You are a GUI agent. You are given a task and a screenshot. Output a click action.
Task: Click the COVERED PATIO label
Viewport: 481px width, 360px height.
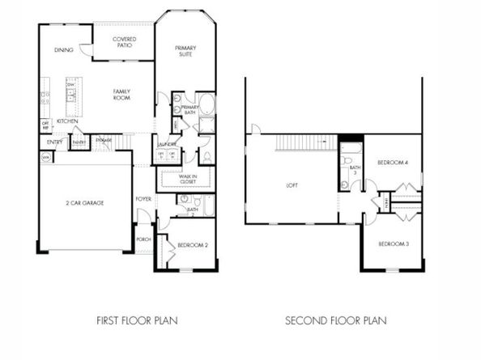[124, 42]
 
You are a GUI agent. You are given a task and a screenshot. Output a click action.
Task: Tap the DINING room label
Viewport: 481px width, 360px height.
[64, 50]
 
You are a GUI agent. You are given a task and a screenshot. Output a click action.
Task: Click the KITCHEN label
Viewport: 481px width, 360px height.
[67, 121]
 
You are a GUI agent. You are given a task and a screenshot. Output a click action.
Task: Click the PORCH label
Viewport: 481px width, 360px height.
[143, 239]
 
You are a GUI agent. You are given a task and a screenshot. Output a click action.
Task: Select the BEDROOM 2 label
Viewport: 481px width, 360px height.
[192, 244]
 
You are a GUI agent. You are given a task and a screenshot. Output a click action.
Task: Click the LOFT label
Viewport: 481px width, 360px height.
[292, 186]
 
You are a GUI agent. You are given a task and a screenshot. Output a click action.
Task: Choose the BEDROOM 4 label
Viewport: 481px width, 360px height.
[393, 163]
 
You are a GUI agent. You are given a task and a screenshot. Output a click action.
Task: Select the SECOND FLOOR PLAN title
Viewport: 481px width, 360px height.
[335, 320]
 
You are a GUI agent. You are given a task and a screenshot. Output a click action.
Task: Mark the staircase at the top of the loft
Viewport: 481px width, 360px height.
[305, 143]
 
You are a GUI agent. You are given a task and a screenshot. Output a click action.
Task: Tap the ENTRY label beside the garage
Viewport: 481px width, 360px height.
[54, 142]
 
